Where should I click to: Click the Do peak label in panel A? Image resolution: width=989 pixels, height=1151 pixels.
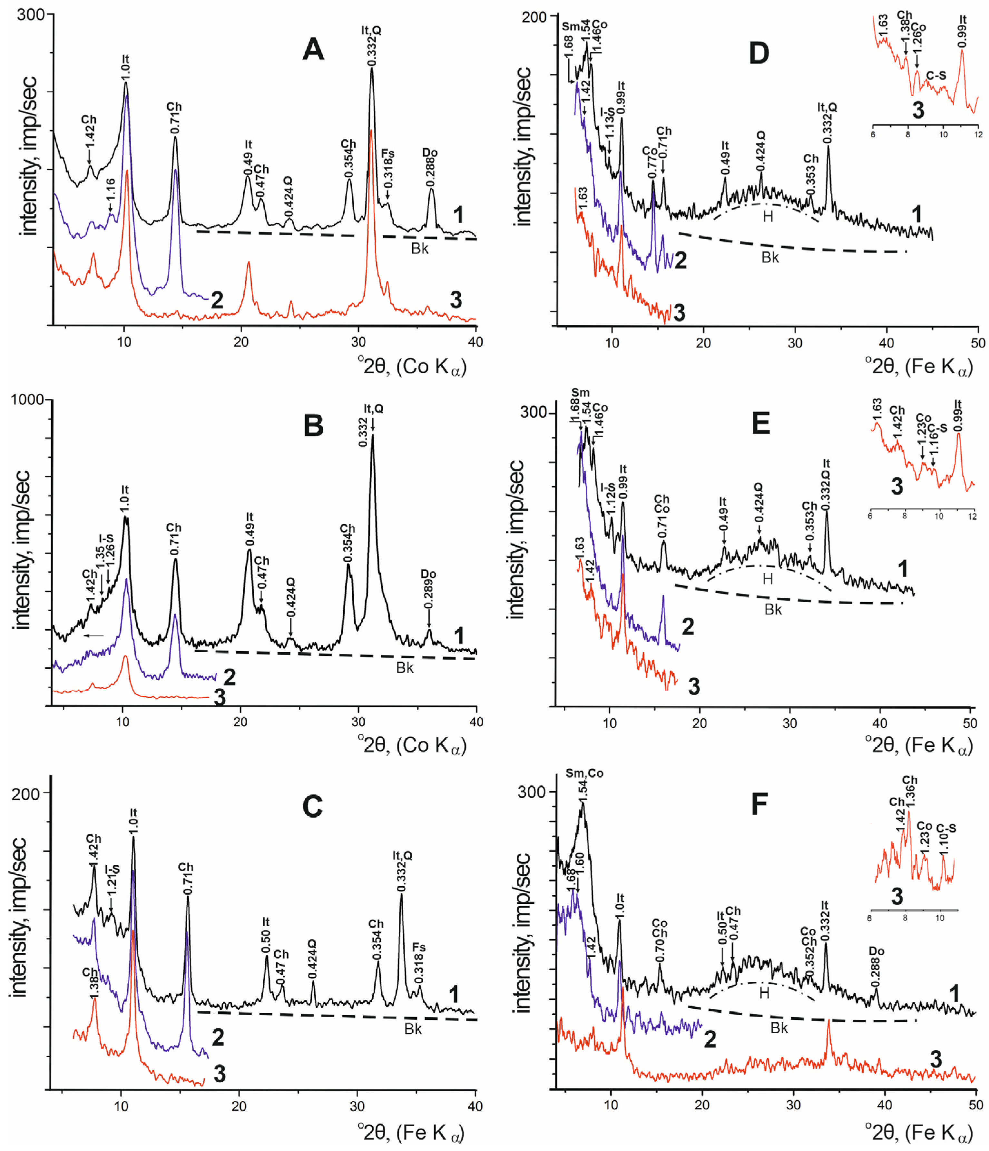click(430, 153)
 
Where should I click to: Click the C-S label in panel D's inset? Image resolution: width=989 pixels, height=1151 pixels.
click(936, 75)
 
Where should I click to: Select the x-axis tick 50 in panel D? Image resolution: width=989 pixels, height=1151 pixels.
click(978, 343)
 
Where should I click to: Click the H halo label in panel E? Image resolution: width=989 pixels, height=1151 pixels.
click(768, 579)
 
